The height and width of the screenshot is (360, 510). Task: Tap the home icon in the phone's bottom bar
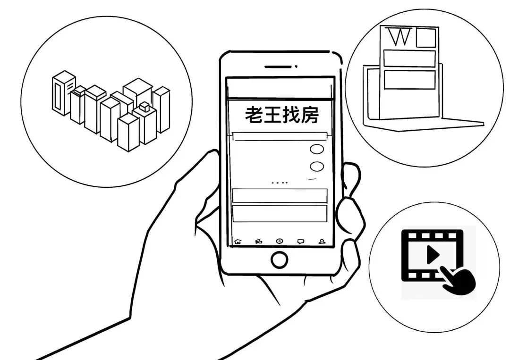[237, 241]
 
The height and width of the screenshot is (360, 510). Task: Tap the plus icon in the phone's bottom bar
[280, 241]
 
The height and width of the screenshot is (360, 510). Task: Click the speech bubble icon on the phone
[301, 241]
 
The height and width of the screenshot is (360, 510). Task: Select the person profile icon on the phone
[322, 241]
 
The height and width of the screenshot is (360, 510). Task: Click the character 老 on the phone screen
[254, 115]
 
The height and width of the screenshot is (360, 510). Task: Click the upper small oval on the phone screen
[317, 149]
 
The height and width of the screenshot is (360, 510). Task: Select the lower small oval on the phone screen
[317, 166]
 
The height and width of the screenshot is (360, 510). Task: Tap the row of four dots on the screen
[280, 182]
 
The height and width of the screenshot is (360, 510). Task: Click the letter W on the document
[399, 37]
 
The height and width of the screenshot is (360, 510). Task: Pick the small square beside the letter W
[425, 38]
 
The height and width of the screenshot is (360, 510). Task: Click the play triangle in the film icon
[432, 255]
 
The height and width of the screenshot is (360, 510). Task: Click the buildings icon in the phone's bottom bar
[258, 241]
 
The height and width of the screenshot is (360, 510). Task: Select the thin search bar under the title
[280, 136]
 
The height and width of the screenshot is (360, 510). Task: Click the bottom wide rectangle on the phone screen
[280, 213]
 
